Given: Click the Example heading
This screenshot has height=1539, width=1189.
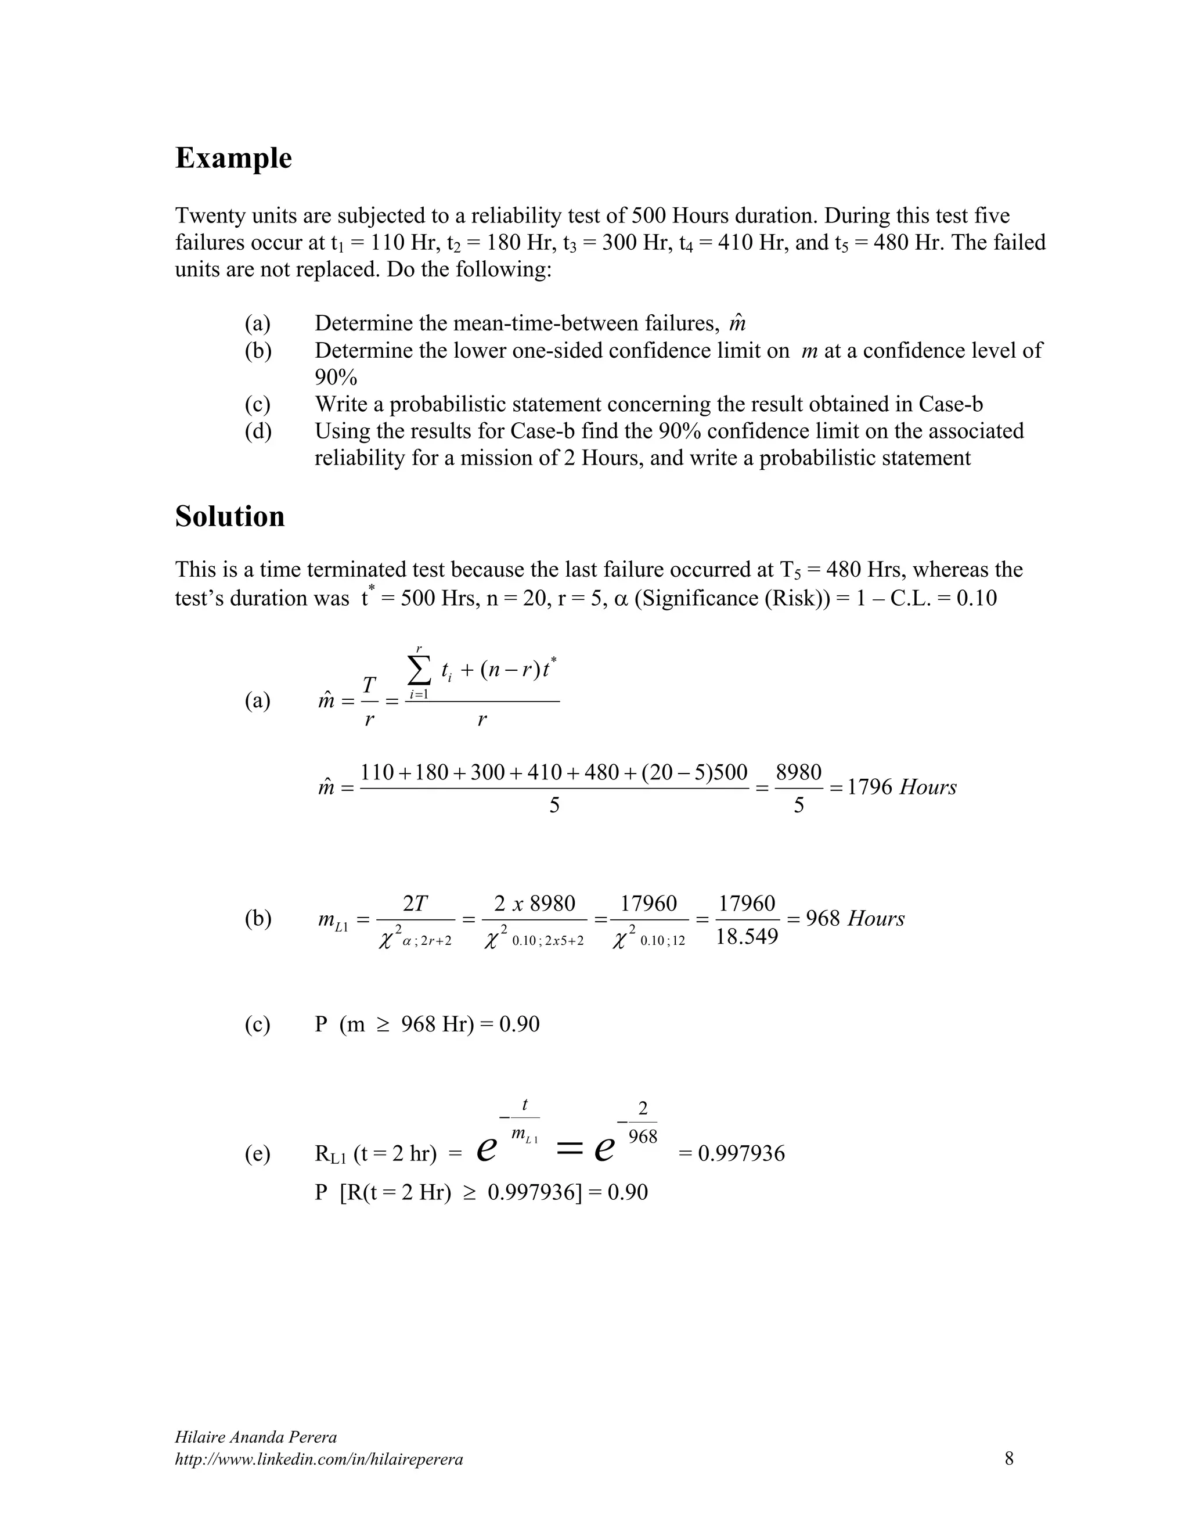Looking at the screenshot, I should [233, 158].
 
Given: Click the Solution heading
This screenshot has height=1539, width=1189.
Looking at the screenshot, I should [230, 516].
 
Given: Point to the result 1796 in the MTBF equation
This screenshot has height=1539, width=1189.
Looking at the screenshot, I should [869, 787].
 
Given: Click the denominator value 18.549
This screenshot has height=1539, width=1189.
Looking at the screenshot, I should [747, 937].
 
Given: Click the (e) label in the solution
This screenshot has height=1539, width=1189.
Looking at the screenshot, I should [258, 1153].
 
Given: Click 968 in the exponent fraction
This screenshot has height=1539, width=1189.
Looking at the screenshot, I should [643, 1137].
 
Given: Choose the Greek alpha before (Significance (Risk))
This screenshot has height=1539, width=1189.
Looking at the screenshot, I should [621, 598].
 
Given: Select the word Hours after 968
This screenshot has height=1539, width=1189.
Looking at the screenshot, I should [875, 919].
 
